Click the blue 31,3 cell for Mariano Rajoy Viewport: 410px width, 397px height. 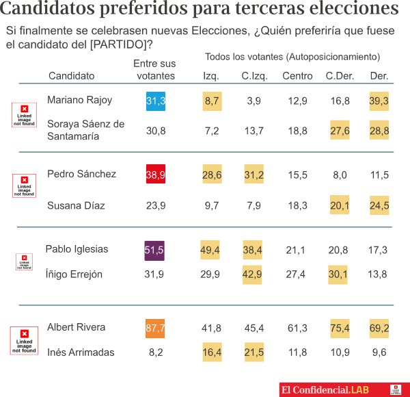coord(156,101)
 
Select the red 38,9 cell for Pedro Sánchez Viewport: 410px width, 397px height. coord(156,175)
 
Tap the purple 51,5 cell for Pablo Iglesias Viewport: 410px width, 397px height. coord(156,251)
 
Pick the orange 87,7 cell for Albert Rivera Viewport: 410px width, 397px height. coord(156,329)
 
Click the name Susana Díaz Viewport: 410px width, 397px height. coord(75,205)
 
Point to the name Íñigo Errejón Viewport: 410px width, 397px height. coord(74,274)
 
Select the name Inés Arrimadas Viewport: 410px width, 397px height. coord(81,353)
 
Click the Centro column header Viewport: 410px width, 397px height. coord(297,75)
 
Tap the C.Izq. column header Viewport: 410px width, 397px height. coord(254,75)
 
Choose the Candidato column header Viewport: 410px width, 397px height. coord(71,75)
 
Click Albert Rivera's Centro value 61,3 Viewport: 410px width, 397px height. coord(297,329)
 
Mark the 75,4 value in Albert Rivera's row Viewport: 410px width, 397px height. coord(338,329)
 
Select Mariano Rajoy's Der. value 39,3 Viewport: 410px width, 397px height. coord(379,101)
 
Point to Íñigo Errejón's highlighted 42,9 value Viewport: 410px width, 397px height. coord(254,274)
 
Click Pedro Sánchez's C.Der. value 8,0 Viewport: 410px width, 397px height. coord(338,175)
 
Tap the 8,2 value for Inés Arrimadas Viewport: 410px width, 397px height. coord(156,353)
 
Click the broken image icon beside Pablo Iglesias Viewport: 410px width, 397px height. coord(24,261)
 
